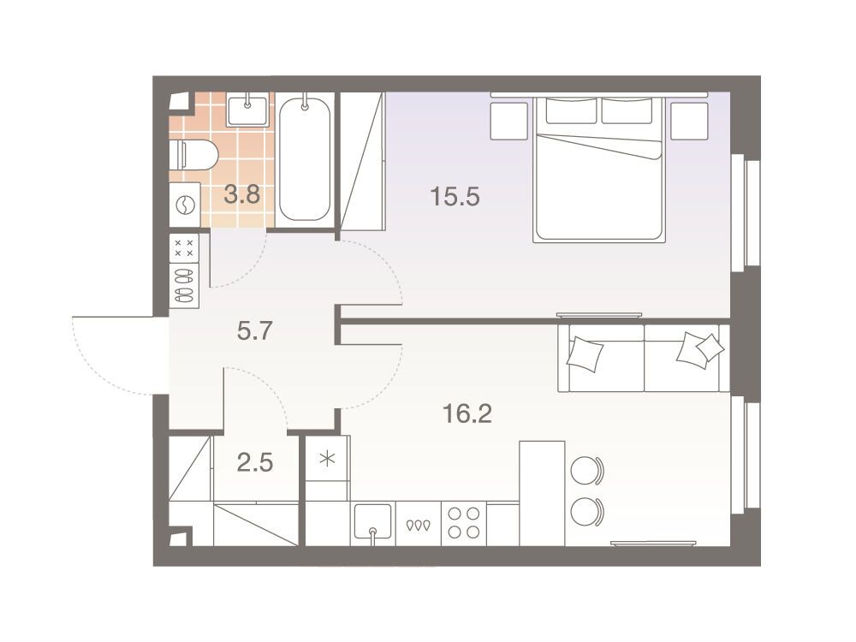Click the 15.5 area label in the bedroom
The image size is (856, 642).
(x=455, y=197)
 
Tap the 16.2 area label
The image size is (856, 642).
(x=467, y=413)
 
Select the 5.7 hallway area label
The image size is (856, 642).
(x=255, y=330)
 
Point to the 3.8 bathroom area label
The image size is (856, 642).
(x=242, y=193)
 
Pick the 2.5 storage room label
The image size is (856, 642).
(x=255, y=463)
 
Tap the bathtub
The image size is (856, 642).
(x=304, y=158)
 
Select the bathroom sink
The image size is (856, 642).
(x=247, y=110)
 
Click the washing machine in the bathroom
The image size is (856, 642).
(x=185, y=205)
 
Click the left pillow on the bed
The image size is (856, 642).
(x=571, y=111)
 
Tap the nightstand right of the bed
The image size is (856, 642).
(x=689, y=121)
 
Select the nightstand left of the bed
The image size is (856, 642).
(x=508, y=121)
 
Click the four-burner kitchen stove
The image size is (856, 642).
(x=463, y=523)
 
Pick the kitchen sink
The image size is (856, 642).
(x=373, y=523)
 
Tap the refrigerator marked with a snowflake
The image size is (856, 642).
(x=327, y=459)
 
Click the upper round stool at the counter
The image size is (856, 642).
(x=586, y=470)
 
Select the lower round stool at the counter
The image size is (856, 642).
(x=586, y=512)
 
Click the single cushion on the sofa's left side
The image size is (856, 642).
(x=585, y=354)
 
